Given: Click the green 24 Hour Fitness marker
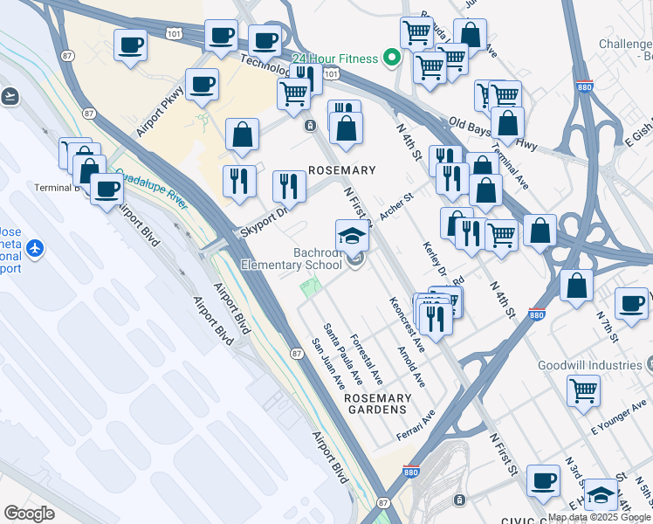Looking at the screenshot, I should (392, 59).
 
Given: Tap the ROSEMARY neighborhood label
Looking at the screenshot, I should (342, 170).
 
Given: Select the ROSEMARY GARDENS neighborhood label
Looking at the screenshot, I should (377, 403).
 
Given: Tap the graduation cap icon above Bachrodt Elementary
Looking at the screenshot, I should (352, 236).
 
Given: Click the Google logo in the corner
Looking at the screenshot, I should (29, 514).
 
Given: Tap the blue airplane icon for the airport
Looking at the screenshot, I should (35, 249).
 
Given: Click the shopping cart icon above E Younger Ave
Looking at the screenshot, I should (583, 390).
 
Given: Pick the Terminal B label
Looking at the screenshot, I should (57, 187).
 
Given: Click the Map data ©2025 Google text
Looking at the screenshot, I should (599, 517).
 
